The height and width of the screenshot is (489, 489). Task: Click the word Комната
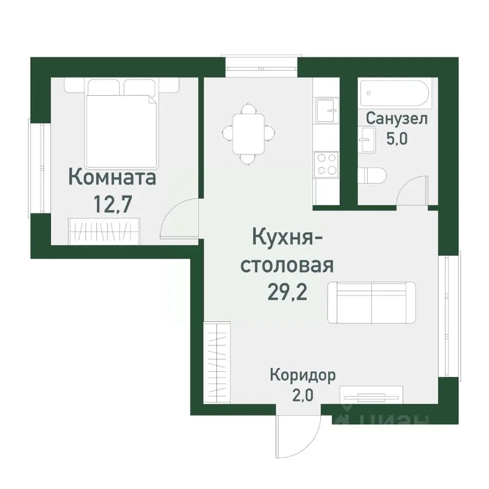(x=112, y=179)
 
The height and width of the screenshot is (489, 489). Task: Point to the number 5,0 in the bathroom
(x=397, y=139)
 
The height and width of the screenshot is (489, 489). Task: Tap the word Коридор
(x=303, y=376)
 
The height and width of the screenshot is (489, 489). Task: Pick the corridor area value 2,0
(x=303, y=396)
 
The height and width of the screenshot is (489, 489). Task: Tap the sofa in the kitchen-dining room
(x=371, y=302)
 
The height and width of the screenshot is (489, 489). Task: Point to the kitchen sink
(x=326, y=110)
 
